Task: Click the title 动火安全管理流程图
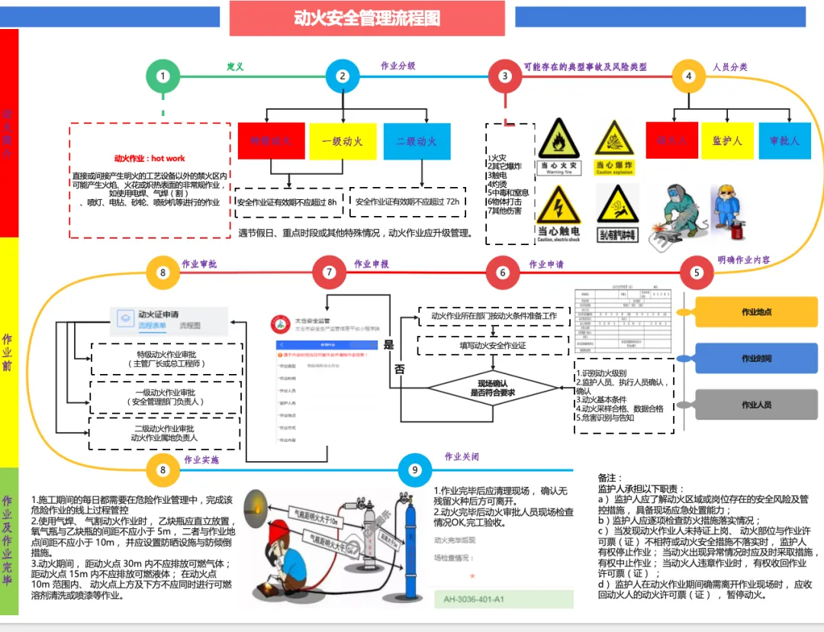point(367,18)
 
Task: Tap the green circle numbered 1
point(163,76)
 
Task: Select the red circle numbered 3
point(504,76)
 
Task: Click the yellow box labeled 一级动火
point(343,141)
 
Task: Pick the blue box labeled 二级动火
point(416,141)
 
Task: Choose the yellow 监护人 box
point(727,140)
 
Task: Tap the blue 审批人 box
point(784,140)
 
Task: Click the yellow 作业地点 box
point(756,312)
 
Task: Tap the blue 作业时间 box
point(756,359)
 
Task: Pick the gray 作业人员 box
point(756,405)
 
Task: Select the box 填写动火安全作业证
point(494,346)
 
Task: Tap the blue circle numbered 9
point(415,470)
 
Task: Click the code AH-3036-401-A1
point(475,599)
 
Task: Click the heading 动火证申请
point(159,314)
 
